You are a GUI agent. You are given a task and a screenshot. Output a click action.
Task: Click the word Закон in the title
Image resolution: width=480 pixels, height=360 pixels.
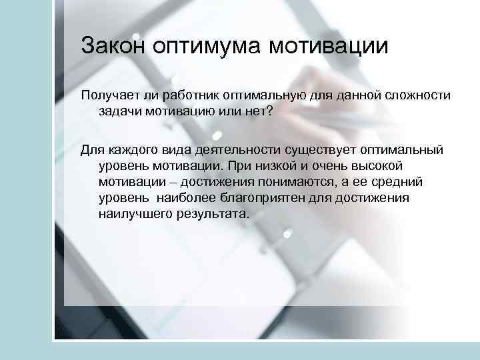point(113,47)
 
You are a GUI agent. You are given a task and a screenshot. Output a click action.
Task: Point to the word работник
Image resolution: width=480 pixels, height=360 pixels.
point(189,96)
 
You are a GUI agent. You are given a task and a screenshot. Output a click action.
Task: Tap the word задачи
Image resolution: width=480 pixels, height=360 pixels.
point(119,112)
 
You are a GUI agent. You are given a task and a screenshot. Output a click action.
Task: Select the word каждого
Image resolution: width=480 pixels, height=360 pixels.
point(129,150)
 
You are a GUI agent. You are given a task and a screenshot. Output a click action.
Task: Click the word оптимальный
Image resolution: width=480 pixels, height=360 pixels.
point(400,150)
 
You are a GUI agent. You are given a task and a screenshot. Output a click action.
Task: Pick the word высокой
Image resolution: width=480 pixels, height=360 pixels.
point(397,166)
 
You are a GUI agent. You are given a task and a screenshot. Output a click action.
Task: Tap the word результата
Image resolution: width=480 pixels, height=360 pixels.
point(212,215)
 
